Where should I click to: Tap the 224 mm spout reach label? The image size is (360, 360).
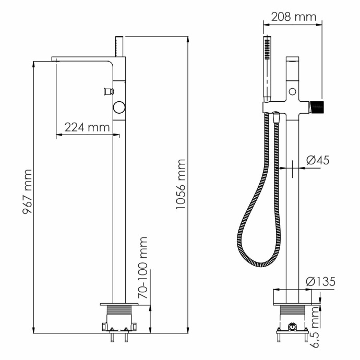click(87, 127)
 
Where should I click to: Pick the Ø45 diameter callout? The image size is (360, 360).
click(318, 160)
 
